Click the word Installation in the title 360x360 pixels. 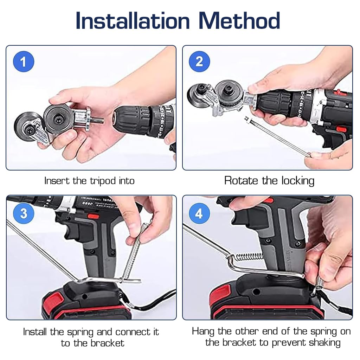(133, 21)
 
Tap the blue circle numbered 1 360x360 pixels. (24, 62)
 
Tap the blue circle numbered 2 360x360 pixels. (199, 62)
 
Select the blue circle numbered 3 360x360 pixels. (24, 213)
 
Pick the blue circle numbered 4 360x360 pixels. (199, 213)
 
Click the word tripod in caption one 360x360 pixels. (103, 181)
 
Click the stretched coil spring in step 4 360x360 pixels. (250, 256)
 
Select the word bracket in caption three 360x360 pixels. (108, 343)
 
